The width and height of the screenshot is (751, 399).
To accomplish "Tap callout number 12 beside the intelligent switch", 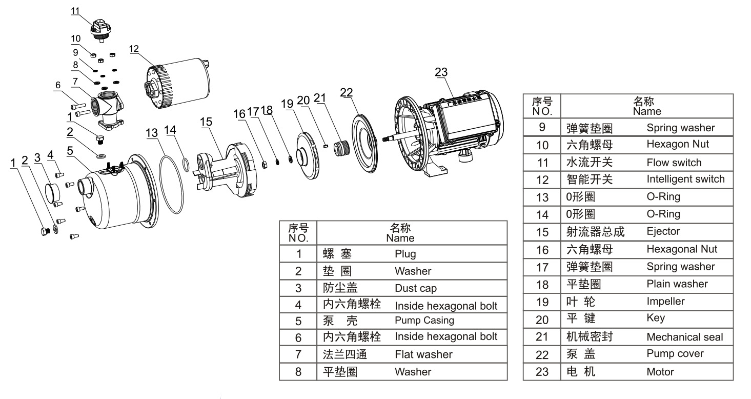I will click(x=134, y=49).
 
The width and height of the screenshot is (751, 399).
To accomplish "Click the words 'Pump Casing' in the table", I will click(x=424, y=321).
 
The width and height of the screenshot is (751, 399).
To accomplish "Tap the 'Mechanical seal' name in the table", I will click(x=684, y=337).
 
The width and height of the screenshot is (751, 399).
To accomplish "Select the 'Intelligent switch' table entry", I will click(x=685, y=179).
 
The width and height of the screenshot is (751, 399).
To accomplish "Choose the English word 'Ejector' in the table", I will click(x=663, y=231).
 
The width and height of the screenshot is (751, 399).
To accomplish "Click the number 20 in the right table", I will click(x=542, y=320).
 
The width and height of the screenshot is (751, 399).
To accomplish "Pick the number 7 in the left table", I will click(x=298, y=354).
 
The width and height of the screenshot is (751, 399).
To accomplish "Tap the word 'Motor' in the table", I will click(x=660, y=371).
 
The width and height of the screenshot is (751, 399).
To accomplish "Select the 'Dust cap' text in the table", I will click(x=415, y=288).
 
